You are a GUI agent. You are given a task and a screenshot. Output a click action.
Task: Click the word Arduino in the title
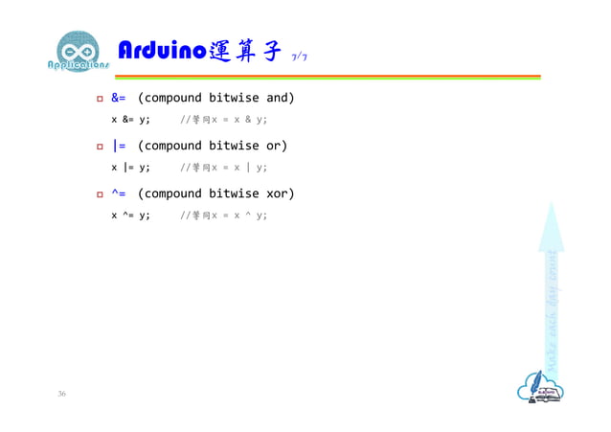tap(159, 51)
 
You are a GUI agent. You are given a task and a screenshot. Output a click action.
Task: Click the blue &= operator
tap(119, 98)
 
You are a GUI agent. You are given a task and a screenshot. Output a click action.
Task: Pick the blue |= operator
tap(119, 146)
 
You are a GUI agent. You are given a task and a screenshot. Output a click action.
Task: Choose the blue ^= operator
tap(119, 193)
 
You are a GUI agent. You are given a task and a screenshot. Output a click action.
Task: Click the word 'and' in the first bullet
tap(280, 98)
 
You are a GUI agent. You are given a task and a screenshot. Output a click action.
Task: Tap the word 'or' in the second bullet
tap(276, 146)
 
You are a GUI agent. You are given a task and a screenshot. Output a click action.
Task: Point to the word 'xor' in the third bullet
tap(280, 193)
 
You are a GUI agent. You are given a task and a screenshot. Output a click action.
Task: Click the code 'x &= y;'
tap(130, 120)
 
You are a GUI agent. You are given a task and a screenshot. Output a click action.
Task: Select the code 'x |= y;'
tap(130, 168)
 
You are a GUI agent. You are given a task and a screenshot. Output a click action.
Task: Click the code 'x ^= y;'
tap(130, 216)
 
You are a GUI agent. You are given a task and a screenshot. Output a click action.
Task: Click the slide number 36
tap(62, 395)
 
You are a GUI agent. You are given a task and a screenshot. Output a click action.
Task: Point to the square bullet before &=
tap(99, 99)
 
